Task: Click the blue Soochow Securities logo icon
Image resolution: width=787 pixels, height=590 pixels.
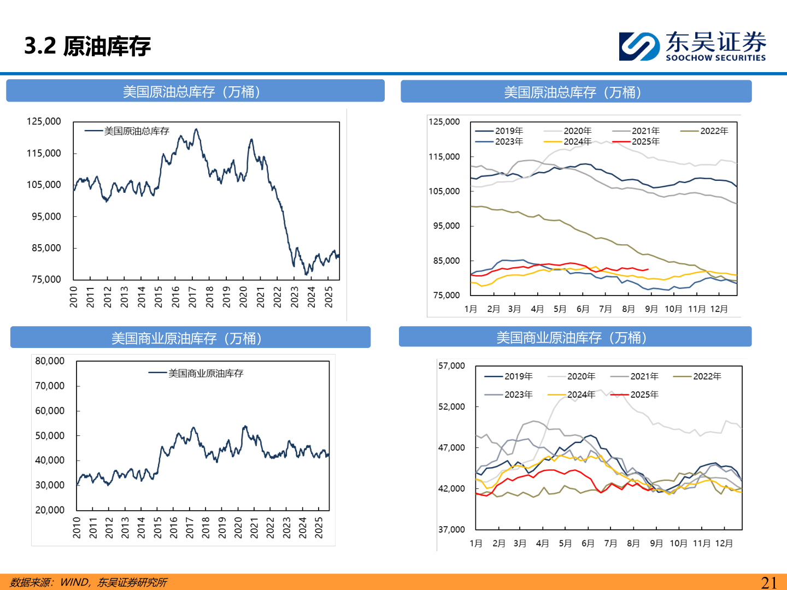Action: point(639,46)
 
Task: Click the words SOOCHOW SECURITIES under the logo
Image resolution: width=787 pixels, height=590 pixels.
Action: point(715,58)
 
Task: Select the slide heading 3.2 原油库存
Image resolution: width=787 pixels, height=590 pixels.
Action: point(87,46)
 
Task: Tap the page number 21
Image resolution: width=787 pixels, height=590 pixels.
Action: point(769,582)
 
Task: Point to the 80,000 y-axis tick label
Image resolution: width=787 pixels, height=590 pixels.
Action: point(50,361)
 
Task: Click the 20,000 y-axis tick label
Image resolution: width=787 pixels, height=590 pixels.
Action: point(50,510)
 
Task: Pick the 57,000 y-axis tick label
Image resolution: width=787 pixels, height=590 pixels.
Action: point(451,366)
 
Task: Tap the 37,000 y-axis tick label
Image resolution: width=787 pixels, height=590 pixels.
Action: point(451,529)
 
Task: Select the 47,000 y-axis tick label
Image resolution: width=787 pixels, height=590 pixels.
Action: point(451,448)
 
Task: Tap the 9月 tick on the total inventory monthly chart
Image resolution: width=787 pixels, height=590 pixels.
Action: point(651,309)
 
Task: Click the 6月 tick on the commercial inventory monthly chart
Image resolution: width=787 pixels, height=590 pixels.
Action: point(588,544)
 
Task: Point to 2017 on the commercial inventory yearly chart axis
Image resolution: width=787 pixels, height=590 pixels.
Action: point(190,528)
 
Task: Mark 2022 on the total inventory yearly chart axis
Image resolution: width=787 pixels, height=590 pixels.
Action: point(277,297)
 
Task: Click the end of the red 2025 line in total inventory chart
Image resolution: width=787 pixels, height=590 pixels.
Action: point(648,269)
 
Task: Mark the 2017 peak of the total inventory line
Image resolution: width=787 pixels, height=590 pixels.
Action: point(196,129)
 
